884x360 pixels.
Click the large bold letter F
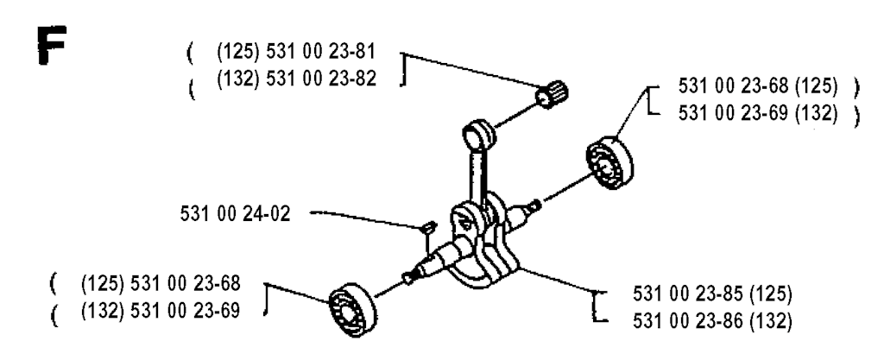click(51, 45)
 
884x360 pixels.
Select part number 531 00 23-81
click(320, 52)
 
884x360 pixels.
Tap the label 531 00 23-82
click(321, 79)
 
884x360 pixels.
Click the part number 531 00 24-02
click(235, 214)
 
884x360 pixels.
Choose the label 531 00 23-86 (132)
click(712, 321)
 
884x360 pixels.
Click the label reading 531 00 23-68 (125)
click(758, 86)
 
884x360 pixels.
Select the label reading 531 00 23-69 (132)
click(758, 113)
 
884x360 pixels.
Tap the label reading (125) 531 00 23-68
click(161, 283)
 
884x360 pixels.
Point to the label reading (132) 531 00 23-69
click(161, 311)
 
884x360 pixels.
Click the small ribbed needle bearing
click(552, 95)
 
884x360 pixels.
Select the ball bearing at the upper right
click(609, 163)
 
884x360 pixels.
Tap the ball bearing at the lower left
click(353, 310)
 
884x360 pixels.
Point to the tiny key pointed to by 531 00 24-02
click(428, 228)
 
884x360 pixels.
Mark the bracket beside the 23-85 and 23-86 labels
click(598, 307)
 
